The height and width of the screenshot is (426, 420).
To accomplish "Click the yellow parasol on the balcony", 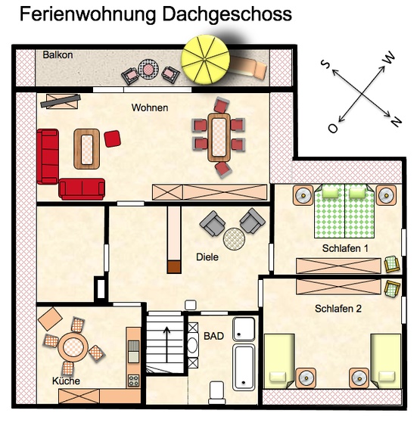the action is pyautogui.click(x=205, y=59).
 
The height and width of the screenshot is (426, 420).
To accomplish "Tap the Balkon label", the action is pyautogui.click(x=58, y=55).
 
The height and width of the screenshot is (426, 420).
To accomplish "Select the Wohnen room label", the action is pyautogui.click(x=150, y=107).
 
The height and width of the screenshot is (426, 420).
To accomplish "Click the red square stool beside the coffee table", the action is pyautogui.click(x=112, y=138).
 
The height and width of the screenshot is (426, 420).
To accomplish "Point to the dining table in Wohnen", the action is pyautogui.click(x=219, y=137).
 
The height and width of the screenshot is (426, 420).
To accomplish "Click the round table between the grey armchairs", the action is pyautogui.click(x=234, y=239).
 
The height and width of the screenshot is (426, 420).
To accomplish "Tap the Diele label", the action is pyautogui.click(x=207, y=257).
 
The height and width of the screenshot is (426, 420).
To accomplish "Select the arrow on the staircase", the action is pyautogui.click(x=166, y=344).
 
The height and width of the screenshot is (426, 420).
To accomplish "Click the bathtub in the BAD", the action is pyautogui.click(x=244, y=367).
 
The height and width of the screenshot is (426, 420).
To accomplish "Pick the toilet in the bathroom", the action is pyautogui.click(x=216, y=392).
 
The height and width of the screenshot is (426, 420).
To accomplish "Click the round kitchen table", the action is pyautogui.click(x=73, y=347).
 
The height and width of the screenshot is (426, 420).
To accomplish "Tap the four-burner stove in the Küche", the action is pyautogui.click(x=133, y=381).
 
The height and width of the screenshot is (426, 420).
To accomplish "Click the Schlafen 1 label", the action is pyautogui.click(x=345, y=248).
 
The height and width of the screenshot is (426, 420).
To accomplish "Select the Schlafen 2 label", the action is pyautogui.click(x=338, y=309).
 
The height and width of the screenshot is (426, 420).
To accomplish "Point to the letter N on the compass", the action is pyautogui.click(x=397, y=121).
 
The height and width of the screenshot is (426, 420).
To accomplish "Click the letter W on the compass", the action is pyautogui.click(x=389, y=58).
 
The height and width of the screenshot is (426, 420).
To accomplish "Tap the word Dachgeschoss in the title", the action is pyautogui.click(x=227, y=14).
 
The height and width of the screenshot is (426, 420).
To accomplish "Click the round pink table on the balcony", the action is pyautogui.click(x=148, y=69).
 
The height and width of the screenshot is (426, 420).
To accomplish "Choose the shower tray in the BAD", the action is pyautogui.click(x=244, y=329).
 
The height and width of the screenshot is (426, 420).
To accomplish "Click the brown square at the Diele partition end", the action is pyautogui.click(x=174, y=267).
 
